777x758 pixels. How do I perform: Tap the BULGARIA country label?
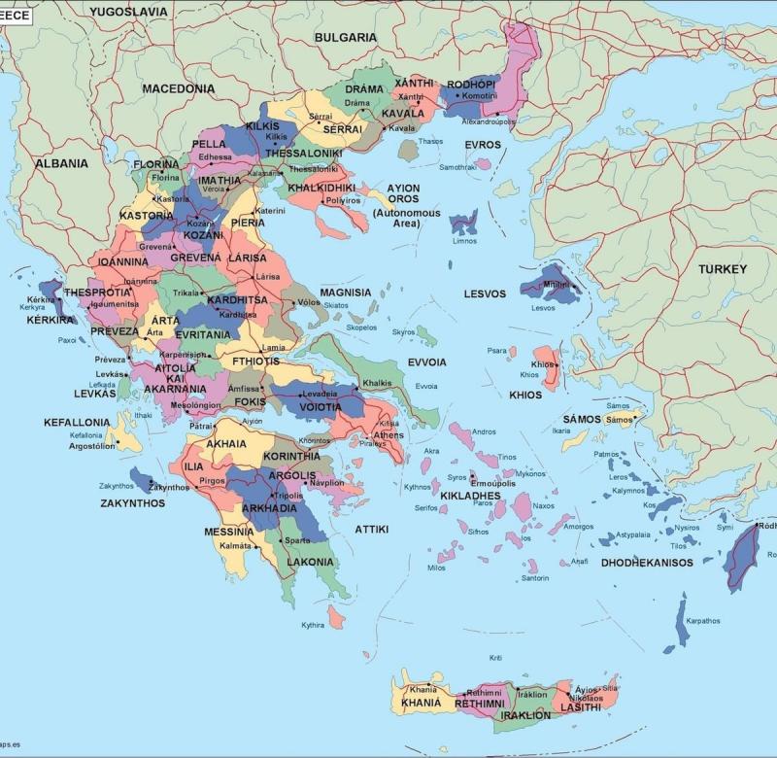(345, 37)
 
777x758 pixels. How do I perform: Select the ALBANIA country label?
(61, 163)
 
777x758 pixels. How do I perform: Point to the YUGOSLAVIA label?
(126, 12)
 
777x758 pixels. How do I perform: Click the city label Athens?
(388, 435)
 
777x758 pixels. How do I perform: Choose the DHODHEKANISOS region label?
(647, 563)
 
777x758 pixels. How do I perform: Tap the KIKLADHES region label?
(470, 496)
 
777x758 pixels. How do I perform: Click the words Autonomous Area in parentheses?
(399, 218)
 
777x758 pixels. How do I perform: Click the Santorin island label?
(535, 578)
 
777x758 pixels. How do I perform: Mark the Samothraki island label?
(456, 167)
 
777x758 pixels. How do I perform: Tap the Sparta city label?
(297, 540)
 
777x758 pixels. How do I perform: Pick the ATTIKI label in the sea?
(371, 530)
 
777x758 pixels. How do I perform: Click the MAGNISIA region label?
(346, 292)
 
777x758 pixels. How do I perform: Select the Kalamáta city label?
(235, 546)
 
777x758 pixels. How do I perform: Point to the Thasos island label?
(429, 142)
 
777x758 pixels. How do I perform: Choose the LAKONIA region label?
(310, 562)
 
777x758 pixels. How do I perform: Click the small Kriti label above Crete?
(495, 658)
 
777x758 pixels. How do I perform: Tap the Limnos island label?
(464, 241)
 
